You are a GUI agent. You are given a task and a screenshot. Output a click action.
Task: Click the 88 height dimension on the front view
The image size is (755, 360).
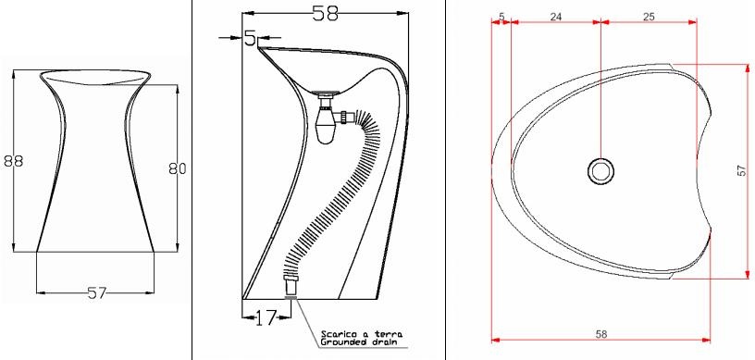14,160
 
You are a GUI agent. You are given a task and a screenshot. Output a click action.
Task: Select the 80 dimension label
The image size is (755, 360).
178,168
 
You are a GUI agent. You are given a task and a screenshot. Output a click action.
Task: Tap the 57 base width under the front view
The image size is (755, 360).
97,292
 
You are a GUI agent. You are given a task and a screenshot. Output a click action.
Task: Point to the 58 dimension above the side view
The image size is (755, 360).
326,13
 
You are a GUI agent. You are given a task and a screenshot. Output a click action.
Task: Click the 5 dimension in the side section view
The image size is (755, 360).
251,38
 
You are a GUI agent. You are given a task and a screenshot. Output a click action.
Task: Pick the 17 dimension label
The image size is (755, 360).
265,317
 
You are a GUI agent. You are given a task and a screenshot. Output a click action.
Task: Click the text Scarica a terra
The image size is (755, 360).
362,333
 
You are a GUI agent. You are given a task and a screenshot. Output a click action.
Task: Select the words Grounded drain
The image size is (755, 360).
362,342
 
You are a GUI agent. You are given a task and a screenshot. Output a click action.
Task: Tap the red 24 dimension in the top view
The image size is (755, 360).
556,17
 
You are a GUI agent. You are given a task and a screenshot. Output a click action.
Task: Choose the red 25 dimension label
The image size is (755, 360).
649,17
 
